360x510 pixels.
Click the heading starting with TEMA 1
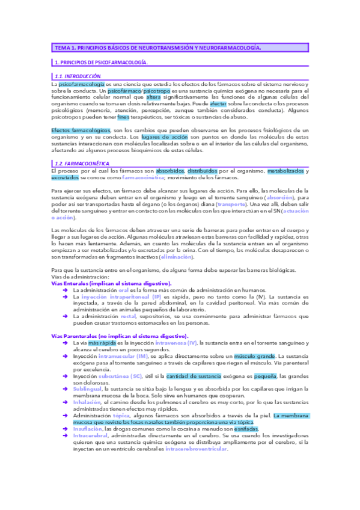157,47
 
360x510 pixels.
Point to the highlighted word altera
154,96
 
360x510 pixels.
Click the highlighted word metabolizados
285,171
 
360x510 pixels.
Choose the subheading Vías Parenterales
120,336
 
